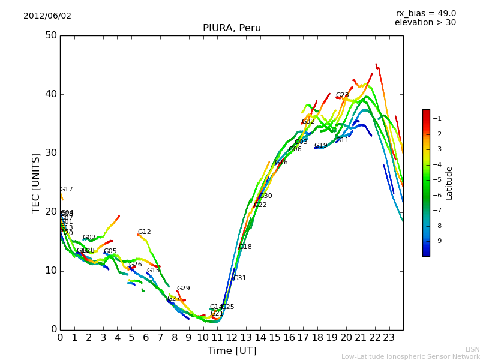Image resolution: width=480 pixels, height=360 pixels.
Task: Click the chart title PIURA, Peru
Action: coord(232,28)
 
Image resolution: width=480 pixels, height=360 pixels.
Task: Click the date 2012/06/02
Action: coord(47,16)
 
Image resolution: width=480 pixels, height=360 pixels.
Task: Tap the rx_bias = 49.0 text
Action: coord(426,14)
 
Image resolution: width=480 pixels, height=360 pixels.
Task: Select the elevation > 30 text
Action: coord(425,23)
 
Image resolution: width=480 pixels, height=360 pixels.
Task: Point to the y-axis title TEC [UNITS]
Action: coord(36,182)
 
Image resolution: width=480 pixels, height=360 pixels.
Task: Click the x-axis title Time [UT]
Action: coord(232,351)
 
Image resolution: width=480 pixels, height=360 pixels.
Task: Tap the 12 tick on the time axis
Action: coord(232,338)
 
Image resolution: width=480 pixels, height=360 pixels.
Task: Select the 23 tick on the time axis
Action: coord(389,338)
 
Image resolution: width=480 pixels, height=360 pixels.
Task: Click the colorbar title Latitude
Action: coord(449,182)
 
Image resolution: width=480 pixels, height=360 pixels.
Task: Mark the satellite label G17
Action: coord(66,190)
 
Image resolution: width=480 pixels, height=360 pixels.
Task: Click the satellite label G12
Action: coord(144,232)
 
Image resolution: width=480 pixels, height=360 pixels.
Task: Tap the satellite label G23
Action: coord(342,95)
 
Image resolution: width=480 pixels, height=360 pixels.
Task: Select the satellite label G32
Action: coord(308,122)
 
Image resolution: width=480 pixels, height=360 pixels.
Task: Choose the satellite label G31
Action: coord(239,278)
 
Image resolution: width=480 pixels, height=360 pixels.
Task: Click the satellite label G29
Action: coord(183,289)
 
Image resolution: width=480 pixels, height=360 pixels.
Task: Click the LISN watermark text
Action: coord(472,349)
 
